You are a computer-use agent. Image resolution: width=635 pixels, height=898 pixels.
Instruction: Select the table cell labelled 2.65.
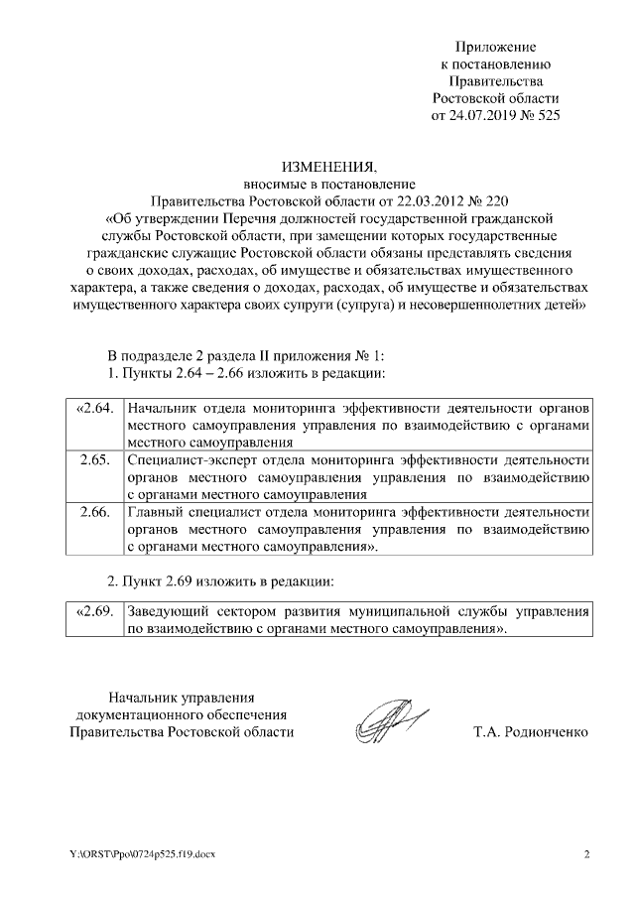click(92, 459)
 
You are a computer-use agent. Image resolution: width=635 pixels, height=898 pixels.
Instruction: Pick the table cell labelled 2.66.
click(92, 512)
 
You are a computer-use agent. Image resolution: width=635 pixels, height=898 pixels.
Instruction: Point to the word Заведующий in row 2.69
click(169, 612)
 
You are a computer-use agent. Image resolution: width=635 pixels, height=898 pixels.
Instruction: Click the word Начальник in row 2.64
click(163, 409)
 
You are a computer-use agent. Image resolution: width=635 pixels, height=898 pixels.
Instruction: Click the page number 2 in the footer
click(586, 854)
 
